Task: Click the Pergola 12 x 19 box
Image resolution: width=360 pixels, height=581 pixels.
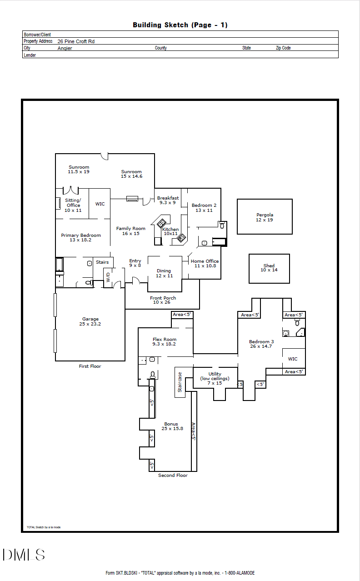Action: click(x=265, y=217)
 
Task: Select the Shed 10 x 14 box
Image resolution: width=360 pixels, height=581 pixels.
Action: click(x=269, y=268)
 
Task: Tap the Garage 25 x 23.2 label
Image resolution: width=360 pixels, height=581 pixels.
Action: click(x=90, y=321)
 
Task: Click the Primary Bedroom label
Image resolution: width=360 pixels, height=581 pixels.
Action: click(x=81, y=237)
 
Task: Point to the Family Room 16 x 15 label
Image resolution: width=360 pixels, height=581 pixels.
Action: click(x=130, y=231)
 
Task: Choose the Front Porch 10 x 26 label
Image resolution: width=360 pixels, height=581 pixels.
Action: click(x=163, y=300)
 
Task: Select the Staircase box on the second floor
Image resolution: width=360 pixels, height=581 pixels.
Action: click(x=180, y=382)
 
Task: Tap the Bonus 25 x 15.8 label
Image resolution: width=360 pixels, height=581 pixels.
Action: click(x=171, y=426)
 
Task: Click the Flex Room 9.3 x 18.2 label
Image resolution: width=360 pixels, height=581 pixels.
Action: click(x=164, y=341)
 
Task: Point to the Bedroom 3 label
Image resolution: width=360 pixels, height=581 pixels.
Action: click(x=261, y=344)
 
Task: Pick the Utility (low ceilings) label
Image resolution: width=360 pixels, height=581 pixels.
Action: click(x=215, y=378)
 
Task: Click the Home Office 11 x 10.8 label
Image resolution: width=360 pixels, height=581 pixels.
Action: click(x=205, y=263)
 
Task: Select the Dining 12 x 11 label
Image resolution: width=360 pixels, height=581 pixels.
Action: click(x=164, y=273)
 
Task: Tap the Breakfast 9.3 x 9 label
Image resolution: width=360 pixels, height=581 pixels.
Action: click(x=168, y=200)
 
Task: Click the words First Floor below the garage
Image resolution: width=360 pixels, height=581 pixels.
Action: click(x=90, y=366)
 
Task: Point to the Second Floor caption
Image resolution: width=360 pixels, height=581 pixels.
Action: click(x=173, y=475)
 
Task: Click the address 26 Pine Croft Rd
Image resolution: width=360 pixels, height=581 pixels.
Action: click(x=76, y=41)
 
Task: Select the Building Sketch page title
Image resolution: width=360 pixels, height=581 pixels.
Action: click(x=180, y=25)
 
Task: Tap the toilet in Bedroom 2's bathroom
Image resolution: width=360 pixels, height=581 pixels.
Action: click(x=222, y=225)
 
